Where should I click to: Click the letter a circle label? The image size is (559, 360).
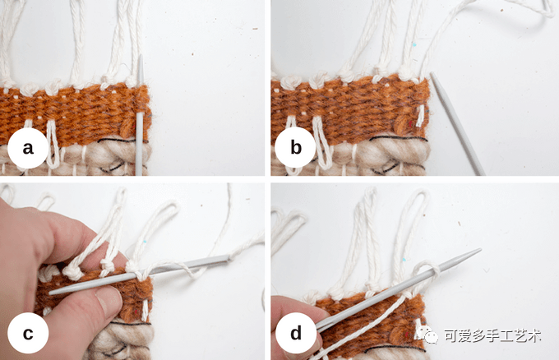[28, 148]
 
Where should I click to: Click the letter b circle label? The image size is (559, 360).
[295, 148]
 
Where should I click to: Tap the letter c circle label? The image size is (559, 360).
[28, 333]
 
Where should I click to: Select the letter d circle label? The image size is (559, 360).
[296, 333]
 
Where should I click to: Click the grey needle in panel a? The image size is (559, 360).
[140, 115]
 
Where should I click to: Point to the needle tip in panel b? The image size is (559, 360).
[432, 74]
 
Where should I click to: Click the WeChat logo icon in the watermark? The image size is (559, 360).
[427, 335]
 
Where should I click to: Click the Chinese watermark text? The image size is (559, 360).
[492, 335]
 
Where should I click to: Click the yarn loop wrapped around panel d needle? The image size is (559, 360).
[425, 272]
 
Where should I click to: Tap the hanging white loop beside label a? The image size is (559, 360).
[53, 144]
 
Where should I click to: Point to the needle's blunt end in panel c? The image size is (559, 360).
[52, 293]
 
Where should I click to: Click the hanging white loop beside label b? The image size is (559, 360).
[321, 143]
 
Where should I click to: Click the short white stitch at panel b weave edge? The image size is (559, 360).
[421, 116]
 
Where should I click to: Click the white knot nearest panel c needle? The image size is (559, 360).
[132, 266]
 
